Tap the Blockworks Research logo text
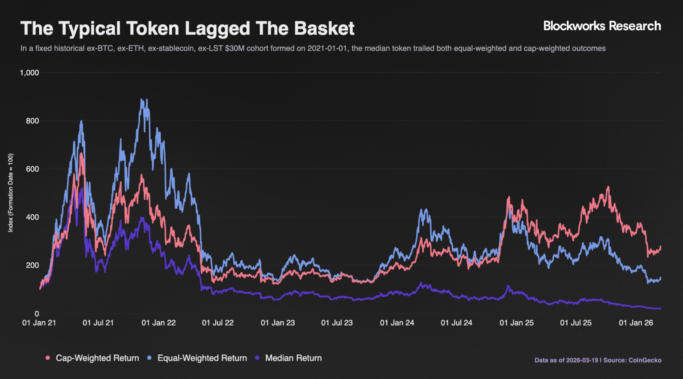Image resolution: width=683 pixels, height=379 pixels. coord(602,26)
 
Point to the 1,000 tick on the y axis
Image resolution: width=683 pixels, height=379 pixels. coord(29,73)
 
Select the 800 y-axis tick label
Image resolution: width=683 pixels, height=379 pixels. coord(32,121)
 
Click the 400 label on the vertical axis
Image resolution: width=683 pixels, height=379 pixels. coord(32,217)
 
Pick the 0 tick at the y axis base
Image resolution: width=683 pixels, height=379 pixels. coord(37,314)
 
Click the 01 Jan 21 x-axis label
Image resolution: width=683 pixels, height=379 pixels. coord(39,323)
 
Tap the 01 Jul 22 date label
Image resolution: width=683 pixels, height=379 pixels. coord(218,323)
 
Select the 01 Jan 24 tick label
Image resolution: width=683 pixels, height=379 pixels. coord(397,323)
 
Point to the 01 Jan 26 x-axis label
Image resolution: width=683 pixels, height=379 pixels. coord(636,323)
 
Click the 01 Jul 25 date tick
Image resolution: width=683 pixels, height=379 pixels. coord(576,323)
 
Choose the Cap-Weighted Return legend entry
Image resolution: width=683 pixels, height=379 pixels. coord(97,358)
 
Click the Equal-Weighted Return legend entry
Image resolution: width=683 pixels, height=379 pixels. coord(202,358)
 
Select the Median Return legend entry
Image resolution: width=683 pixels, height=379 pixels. coord(293,358)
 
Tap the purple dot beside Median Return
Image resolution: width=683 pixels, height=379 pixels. coord(257,358)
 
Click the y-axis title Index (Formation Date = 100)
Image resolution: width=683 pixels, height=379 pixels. coord(10,193)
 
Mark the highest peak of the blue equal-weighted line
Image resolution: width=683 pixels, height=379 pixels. coord(142,99)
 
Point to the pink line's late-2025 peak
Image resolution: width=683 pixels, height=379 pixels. coord(608,187)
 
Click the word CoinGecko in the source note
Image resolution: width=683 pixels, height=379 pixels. coord(645,360)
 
